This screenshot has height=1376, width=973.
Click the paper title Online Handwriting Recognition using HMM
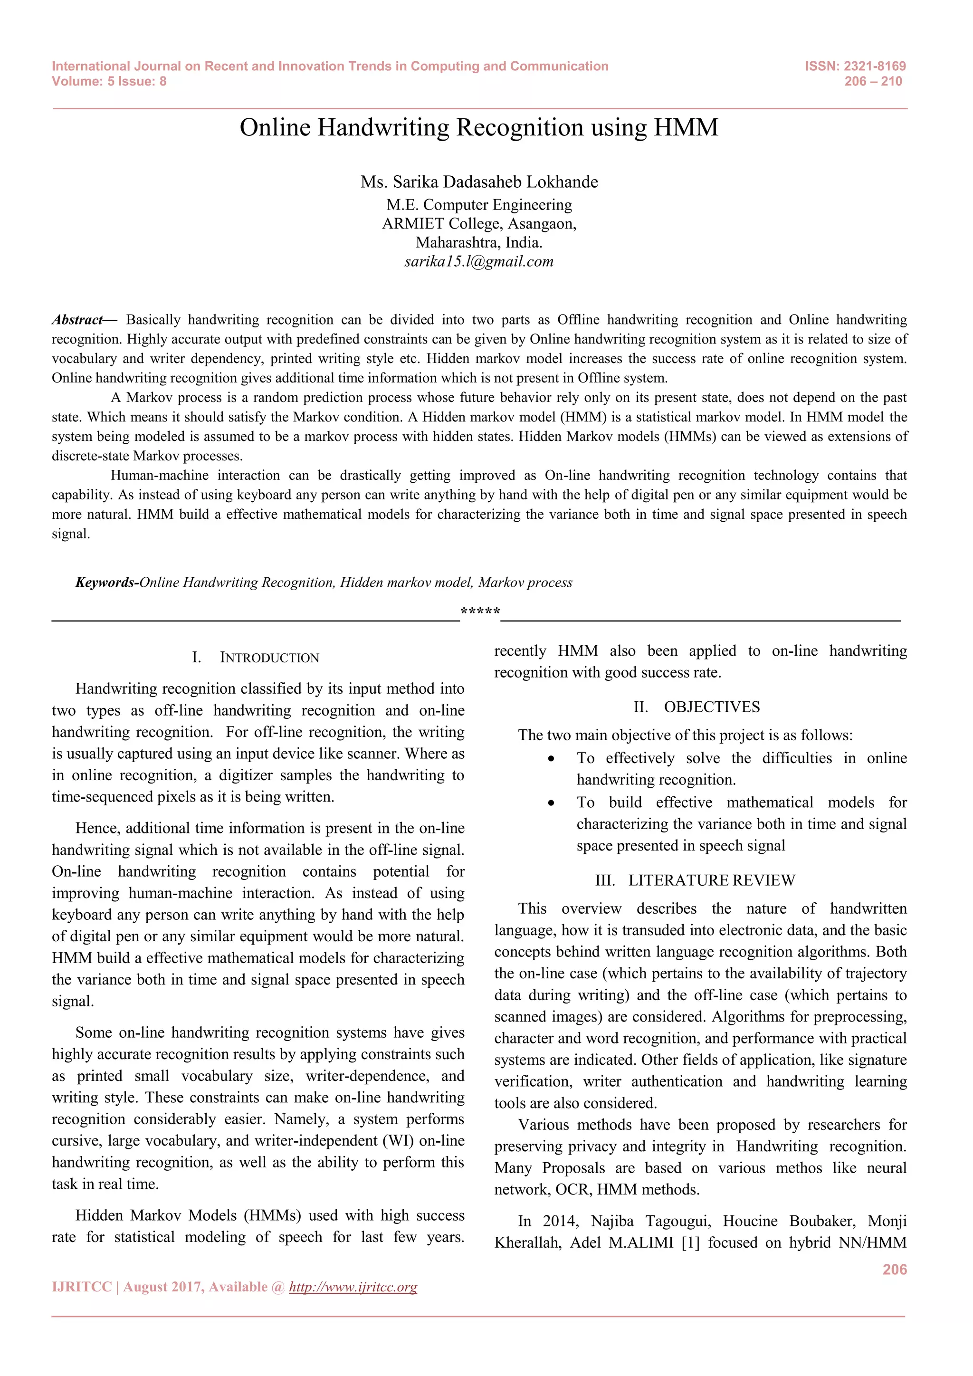tap(479, 128)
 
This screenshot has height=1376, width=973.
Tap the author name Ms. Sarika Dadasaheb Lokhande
tap(479, 182)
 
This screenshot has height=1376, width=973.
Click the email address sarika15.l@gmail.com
tap(479, 261)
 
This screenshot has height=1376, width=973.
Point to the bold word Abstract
tap(78, 320)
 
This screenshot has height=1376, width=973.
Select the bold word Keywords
tap(105, 583)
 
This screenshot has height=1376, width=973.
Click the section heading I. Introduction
tap(256, 658)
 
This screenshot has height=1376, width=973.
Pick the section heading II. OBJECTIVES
tap(697, 707)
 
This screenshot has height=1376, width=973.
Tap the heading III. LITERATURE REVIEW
tap(695, 880)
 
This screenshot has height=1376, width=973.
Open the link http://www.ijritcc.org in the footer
tap(353, 1287)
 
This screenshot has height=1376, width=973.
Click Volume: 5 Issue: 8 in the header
tap(109, 82)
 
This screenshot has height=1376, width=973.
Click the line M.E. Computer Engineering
tap(479, 205)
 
